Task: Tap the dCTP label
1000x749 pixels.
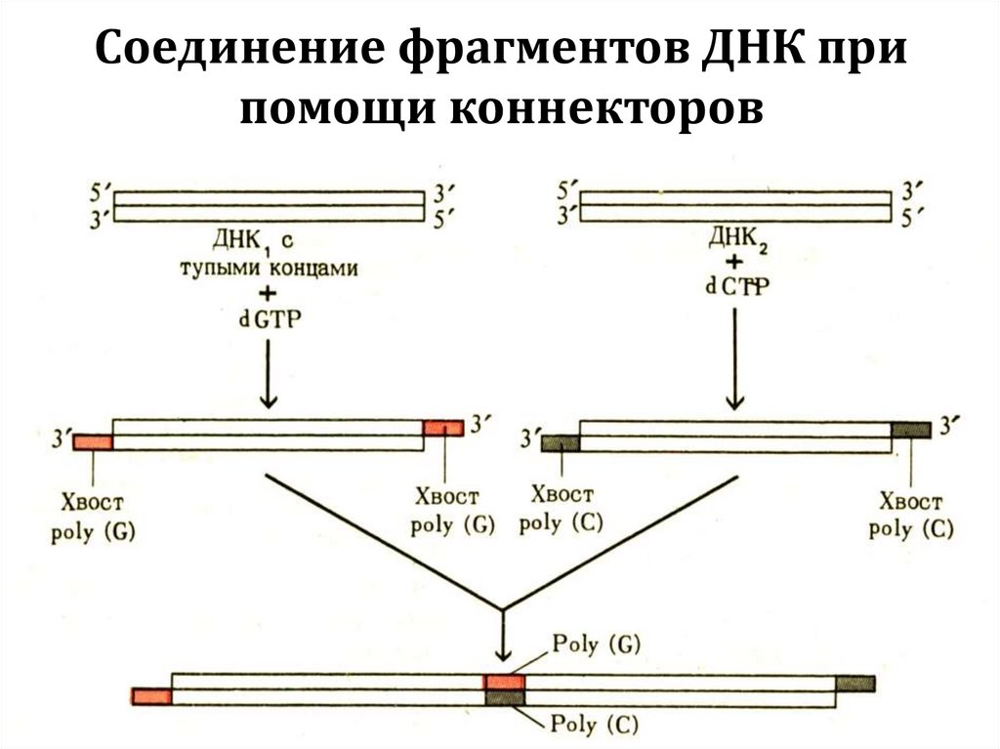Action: pyautogui.click(x=734, y=285)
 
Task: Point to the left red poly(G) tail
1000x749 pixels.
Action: pyautogui.click(x=94, y=442)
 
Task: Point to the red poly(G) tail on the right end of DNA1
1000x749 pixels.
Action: pyautogui.click(x=442, y=428)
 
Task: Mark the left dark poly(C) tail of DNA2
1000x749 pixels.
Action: pyautogui.click(x=561, y=442)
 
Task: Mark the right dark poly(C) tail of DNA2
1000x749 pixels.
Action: pyautogui.click(x=910, y=428)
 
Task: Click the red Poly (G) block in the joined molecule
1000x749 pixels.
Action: pyautogui.click(x=505, y=682)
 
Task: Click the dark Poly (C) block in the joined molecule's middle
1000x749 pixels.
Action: pyautogui.click(x=505, y=697)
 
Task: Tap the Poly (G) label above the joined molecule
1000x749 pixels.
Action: pyautogui.click(x=595, y=644)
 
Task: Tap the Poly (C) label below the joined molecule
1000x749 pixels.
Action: pyautogui.click(x=595, y=724)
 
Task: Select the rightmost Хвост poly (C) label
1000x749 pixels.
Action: pyautogui.click(x=911, y=516)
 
